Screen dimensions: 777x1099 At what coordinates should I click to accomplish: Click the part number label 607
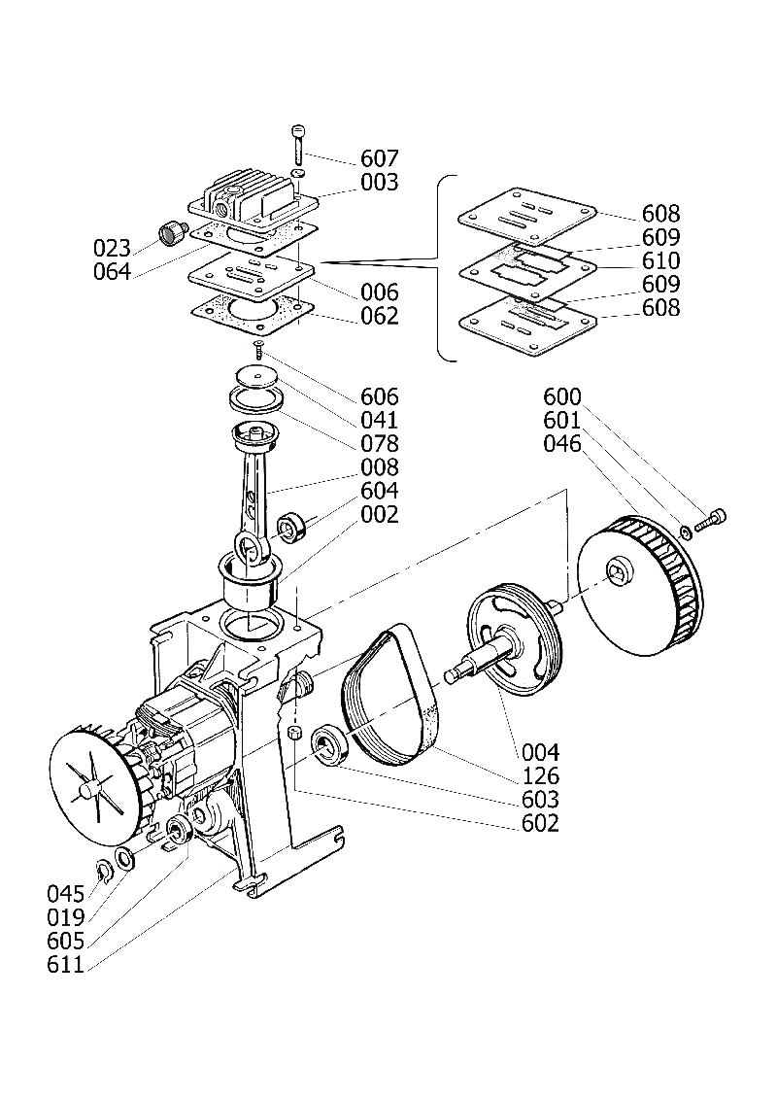(379, 158)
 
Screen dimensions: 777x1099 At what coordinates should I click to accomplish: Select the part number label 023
(112, 248)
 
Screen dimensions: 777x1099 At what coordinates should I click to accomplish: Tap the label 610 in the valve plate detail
(661, 260)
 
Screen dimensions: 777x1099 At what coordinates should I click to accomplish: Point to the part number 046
(562, 444)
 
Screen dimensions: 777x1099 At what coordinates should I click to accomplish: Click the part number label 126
(541, 775)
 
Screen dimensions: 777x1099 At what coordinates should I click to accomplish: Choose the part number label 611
(65, 965)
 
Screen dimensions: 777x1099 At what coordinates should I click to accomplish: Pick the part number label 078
(379, 444)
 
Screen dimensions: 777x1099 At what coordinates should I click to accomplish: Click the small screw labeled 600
(711, 521)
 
